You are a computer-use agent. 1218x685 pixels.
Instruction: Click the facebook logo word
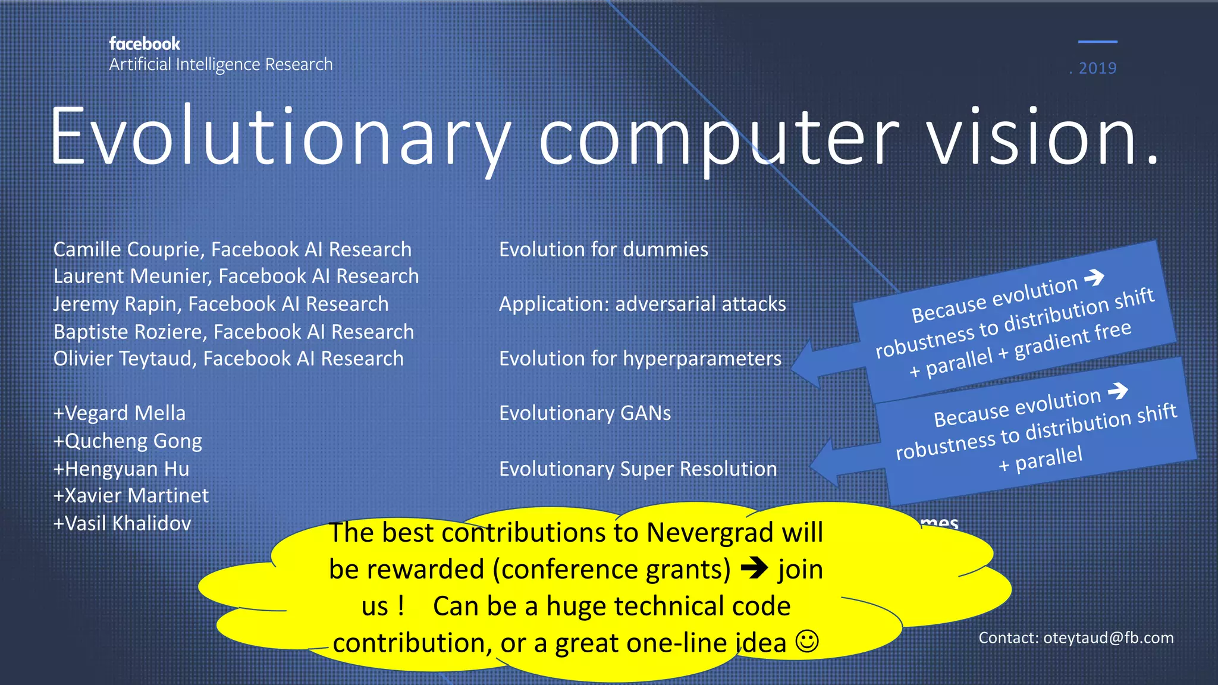[145, 44]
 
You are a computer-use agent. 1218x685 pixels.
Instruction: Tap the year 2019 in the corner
[1097, 68]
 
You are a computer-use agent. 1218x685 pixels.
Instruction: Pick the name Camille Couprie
[128, 250]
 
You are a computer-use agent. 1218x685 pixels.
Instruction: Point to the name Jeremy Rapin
[116, 304]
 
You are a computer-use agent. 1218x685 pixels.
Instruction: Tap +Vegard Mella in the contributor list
[120, 413]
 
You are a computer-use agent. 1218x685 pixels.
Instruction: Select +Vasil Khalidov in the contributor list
[123, 524]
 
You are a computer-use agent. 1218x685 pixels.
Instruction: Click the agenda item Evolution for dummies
[603, 250]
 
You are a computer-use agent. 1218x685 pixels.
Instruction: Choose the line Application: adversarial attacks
[642, 304]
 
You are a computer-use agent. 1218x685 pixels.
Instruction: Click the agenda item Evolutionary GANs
[585, 413]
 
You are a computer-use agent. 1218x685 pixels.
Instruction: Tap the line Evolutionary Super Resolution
[638, 469]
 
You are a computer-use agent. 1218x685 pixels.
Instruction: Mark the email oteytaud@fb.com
[1108, 638]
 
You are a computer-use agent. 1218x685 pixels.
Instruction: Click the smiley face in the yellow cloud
[807, 642]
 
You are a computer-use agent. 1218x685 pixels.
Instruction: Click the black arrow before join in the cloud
[755, 568]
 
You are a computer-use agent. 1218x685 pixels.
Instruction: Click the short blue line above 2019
[1097, 42]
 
